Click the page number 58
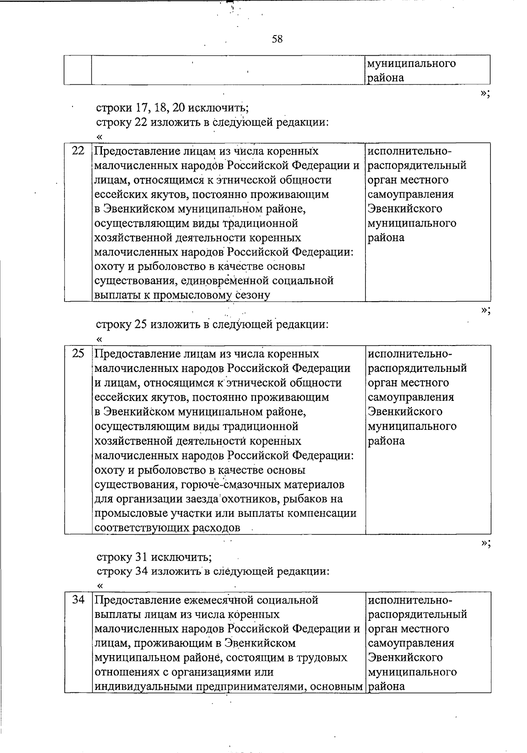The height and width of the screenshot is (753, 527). coord(277,39)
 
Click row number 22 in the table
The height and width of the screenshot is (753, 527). coord(78,151)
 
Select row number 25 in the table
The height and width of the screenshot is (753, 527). coord(78,353)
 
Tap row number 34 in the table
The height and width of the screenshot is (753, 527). coord(78,599)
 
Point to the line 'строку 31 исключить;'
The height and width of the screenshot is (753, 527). coord(154,557)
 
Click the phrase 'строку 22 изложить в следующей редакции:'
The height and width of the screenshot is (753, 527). coord(212,122)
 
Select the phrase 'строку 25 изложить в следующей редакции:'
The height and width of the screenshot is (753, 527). coord(212,325)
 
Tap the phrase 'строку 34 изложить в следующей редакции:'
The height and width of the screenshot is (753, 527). coord(212,572)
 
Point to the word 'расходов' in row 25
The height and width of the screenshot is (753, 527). coord(217,528)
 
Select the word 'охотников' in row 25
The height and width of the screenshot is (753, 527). coord(250,499)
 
